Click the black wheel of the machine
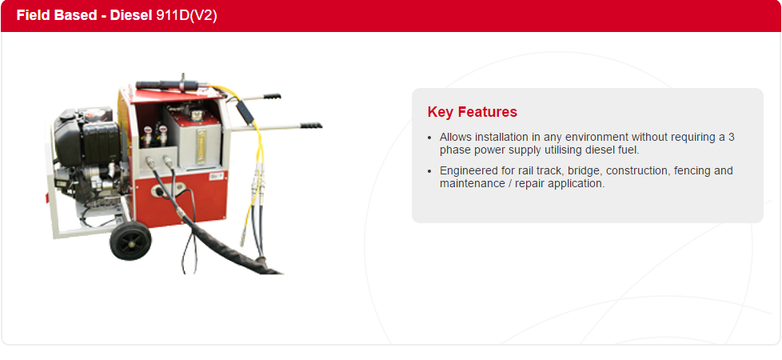tap(130, 241)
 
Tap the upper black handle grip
tap(272, 96)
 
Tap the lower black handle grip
tap(310, 125)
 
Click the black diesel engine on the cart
tap(87, 150)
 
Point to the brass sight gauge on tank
tap(201, 146)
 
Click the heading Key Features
tap(473, 112)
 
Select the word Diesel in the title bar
tap(130, 15)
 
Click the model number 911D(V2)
tap(186, 15)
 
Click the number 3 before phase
tap(731, 137)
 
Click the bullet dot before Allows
tap(430, 138)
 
